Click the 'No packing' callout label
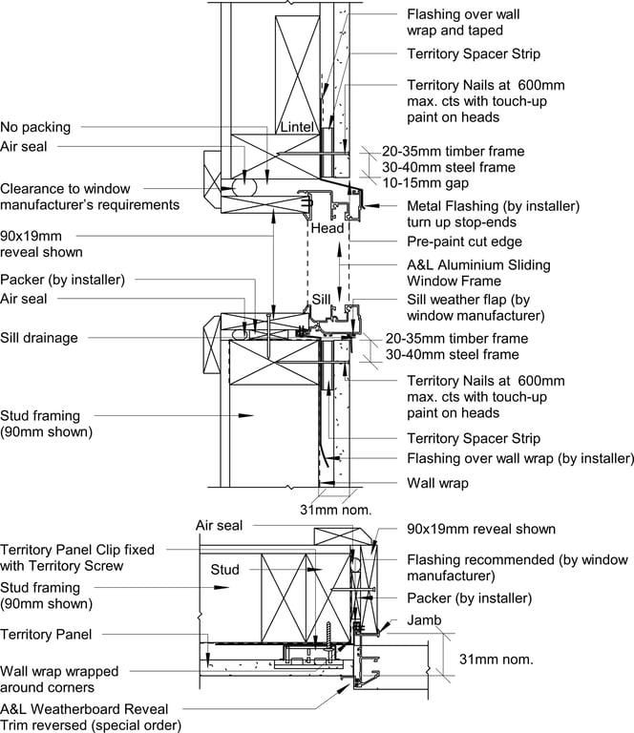(x=35, y=127)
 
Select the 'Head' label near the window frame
(x=327, y=229)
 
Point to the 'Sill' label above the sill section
(x=324, y=299)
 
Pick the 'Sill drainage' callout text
(x=39, y=337)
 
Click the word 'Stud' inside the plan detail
(x=224, y=570)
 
